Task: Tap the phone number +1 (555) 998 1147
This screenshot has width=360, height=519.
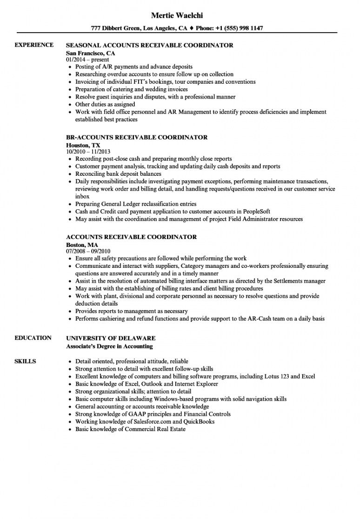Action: [237, 28]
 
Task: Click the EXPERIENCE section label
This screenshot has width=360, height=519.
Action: [34, 45]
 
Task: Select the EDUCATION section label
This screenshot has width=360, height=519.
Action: [33, 338]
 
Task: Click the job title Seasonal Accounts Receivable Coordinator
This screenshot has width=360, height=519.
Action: [149, 46]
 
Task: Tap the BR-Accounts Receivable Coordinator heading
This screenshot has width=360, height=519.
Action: [137, 138]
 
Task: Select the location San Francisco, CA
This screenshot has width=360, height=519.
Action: [87, 53]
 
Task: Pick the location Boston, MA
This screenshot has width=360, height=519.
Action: [82, 244]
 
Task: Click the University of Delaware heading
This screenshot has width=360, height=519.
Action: [111, 338]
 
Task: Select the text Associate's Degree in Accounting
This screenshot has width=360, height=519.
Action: [109, 346]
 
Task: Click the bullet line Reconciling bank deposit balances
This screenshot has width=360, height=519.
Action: [118, 174]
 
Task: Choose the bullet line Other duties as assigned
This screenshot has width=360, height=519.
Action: [105, 105]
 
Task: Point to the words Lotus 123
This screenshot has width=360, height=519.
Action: [276, 376]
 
